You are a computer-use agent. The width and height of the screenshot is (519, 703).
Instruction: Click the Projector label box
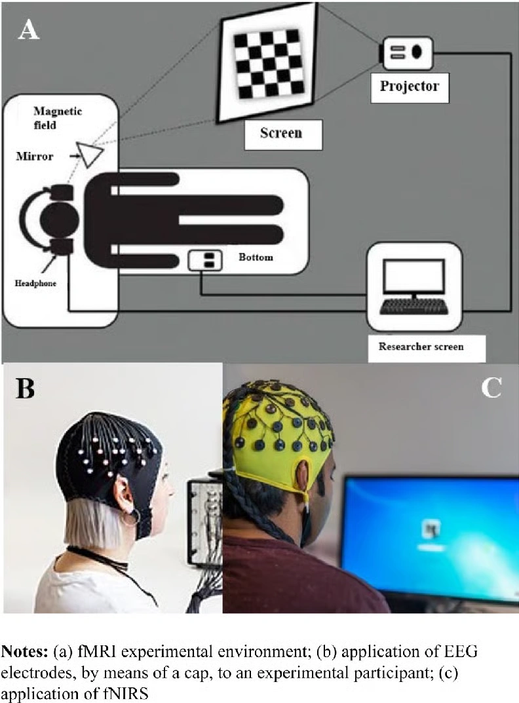(x=410, y=86)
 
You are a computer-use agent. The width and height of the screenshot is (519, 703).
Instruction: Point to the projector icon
(x=407, y=52)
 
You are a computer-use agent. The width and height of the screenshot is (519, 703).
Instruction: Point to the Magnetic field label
(x=58, y=117)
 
